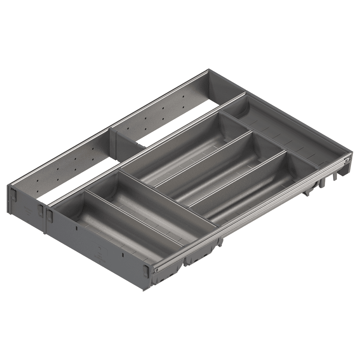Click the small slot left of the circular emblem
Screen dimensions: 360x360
(x=77, y=228)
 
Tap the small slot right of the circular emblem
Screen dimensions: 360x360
(x=123, y=255)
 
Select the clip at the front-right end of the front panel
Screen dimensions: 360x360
(x=146, y=271)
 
